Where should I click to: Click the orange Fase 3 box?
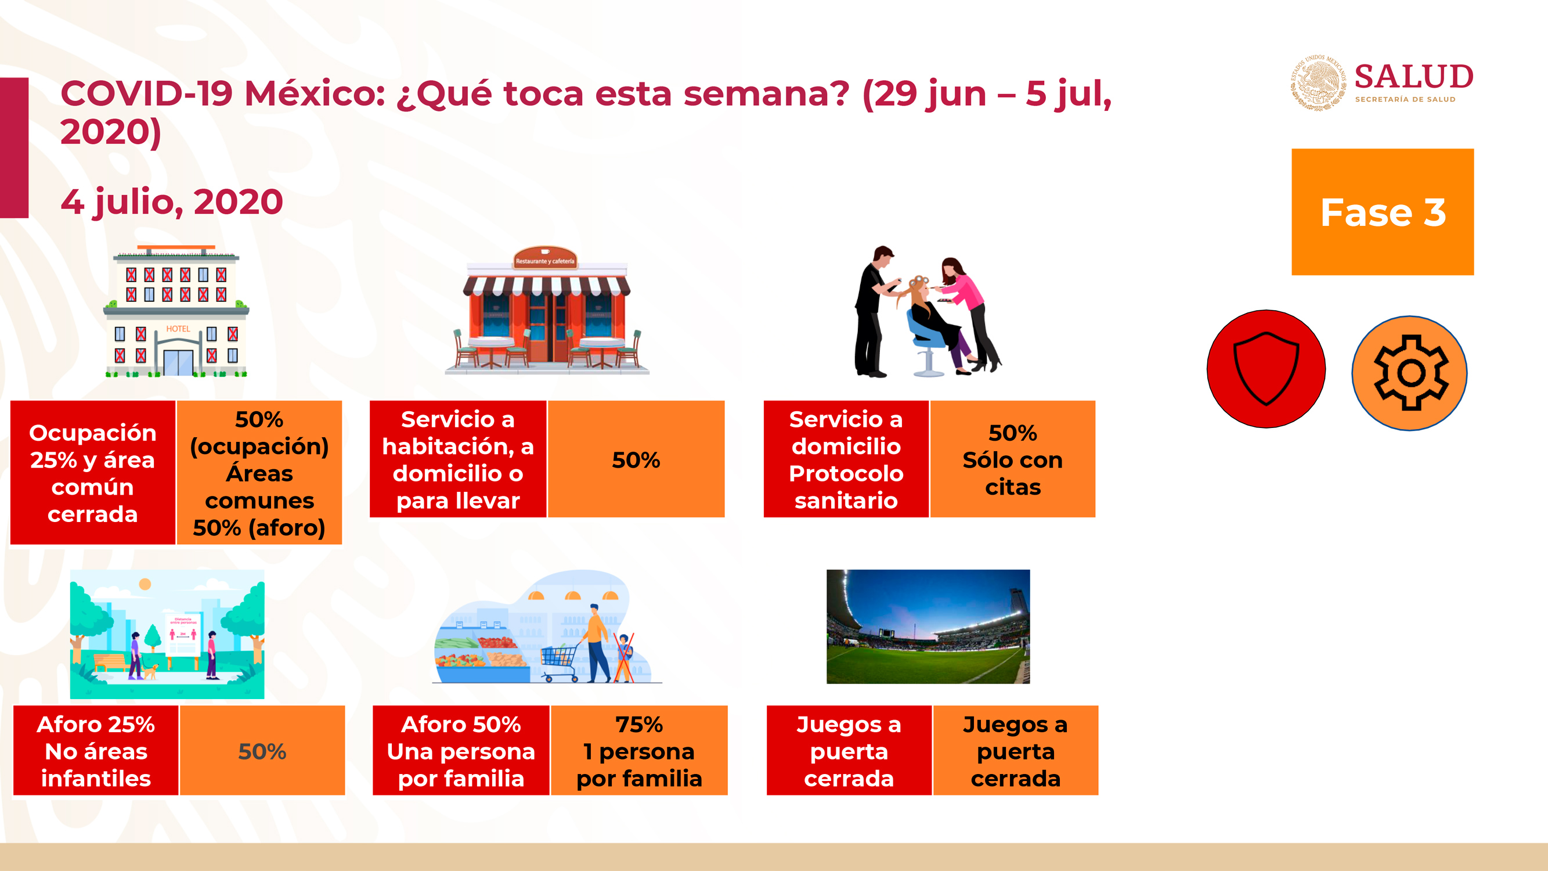click(x=1382, y=211)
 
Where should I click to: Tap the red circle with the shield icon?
click(x=1266, y=369)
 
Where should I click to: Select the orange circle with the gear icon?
click(x=1409, y=373)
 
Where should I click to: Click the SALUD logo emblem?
click(x=1319, y=82)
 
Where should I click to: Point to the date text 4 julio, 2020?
click(x=172, y=201)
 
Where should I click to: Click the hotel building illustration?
click(x=176, y=311)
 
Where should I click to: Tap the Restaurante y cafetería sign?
click(x=545, y=258)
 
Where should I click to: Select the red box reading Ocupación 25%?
click(x=92, y=473)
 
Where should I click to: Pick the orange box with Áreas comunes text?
click(x=259, y=473)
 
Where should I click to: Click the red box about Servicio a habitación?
click(x=458, y=459)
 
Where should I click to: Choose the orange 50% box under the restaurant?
click(x=636, y=459)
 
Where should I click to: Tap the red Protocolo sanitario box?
click(x=846, y=459)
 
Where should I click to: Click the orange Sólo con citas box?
click(x=1013, y=459)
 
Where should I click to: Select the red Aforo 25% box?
click(x=96, y=750)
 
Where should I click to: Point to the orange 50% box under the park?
click(x=262, y=750)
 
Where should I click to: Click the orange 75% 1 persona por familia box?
click(x=639, y=750)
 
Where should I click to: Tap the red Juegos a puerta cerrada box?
click(x=849, y=750)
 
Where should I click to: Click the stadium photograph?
click(x=928, y=627)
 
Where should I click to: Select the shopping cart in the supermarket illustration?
click(x=560, y=663)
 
